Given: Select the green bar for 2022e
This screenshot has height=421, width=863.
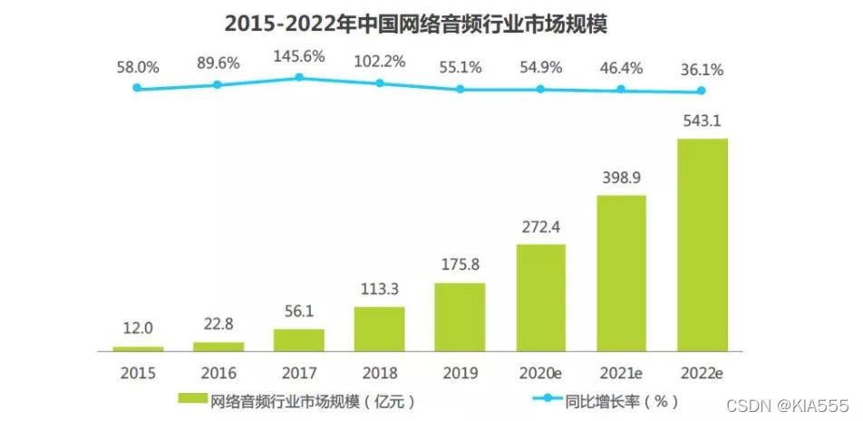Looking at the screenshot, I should [x=702, y=244].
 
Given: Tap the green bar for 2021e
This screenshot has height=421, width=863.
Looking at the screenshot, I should [x=621, y=273].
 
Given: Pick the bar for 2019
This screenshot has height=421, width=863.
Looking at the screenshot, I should [x=460, y=317].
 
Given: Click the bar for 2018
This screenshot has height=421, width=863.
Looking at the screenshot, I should [x=379, y=329].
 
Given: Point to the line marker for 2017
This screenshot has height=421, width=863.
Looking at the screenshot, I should [x=298, y=78].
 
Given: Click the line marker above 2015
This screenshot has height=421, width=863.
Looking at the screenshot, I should [x=137, y=88].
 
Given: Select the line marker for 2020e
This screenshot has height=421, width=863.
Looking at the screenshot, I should [x=540, y=89].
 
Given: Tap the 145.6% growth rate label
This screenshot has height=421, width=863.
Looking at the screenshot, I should [x=298, y=56].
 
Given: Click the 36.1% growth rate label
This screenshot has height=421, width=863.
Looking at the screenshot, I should [x=702, y=69].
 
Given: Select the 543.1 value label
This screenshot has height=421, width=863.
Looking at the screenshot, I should [x=702, y=121].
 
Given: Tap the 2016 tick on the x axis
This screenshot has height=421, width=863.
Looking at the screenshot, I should [x=218, y=372].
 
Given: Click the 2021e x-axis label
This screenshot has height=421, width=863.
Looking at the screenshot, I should [x=621, y=372].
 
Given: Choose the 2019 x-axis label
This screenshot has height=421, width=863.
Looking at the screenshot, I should [x=460, y=372].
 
